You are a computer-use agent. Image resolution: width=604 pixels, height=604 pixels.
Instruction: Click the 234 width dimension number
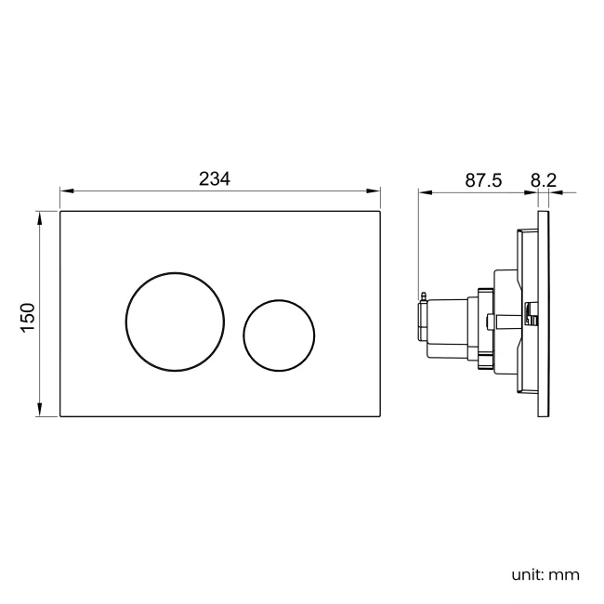pos(215,179)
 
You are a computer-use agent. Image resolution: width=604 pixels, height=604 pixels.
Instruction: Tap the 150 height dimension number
pos(28,316)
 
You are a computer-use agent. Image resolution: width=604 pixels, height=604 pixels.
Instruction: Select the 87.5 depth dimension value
pos(483,180)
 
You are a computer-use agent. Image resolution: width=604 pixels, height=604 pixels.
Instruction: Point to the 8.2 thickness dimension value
pos(543,180)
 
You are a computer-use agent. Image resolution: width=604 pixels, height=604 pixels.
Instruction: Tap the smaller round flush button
pos(280,335)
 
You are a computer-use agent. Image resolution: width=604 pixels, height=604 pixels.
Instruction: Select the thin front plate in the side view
pos(545,315)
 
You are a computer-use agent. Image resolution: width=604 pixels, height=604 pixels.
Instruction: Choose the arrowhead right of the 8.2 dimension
pos(556,193)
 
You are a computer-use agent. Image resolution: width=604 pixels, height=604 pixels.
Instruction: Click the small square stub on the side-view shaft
pos(489,322)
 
